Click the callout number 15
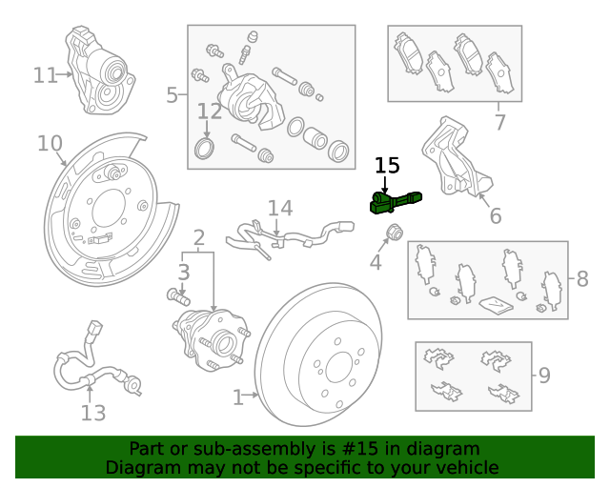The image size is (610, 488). point(387,166)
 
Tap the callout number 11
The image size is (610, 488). point(45,74)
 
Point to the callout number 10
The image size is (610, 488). point(50,144)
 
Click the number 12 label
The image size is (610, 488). point(209,111)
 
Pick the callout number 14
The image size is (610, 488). point(279,208)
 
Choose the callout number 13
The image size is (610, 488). point(92,413)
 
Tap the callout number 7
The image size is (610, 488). point(499,122)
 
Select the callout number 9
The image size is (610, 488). point(543,375)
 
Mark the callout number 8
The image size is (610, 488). point(581,280)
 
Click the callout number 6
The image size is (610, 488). point(495,216)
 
